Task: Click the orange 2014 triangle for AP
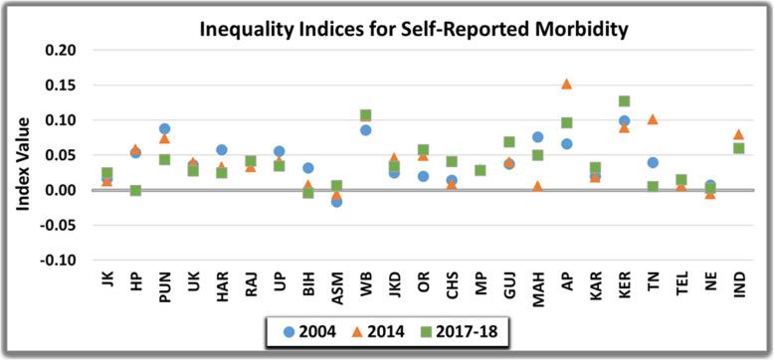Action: tap(566, 85)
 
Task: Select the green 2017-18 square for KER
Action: tap(624, 101)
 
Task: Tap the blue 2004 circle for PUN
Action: tap(164, 129)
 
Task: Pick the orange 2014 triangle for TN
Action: tap(653, 119)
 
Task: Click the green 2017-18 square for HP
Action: tap(135, 190)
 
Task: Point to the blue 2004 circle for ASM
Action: tap(336, 201)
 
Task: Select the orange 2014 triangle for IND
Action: tap(738, 134)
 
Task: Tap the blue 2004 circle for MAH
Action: tap(537, 137)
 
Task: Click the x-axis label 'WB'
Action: tap(365, 279)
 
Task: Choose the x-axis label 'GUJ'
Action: tap(508, 282)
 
